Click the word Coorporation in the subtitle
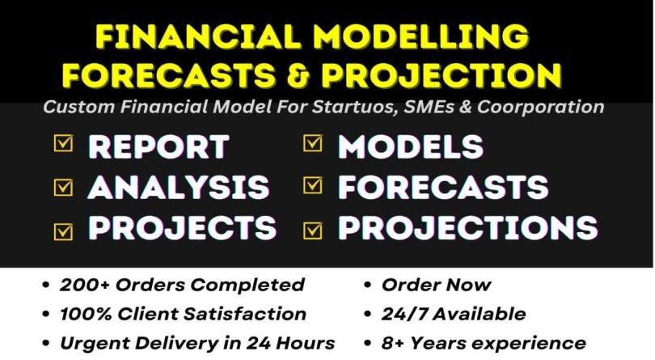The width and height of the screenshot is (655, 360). coord(547,106)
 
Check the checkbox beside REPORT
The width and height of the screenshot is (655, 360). coord(63,144)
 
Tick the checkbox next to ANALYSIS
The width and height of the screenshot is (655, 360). coord(63,186)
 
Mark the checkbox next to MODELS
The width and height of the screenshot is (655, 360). coord(312,144)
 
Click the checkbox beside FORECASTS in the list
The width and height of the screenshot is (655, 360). coord(312,186)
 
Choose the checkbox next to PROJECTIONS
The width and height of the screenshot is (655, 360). coord(312,227)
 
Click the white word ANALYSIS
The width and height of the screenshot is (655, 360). coord(178,187)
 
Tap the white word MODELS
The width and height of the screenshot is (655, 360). coord(411,146)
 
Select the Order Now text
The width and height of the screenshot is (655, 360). coord(436,285)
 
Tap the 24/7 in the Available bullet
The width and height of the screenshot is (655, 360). coord(403,314)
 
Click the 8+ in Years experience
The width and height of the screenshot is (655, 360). coord(394,343)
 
